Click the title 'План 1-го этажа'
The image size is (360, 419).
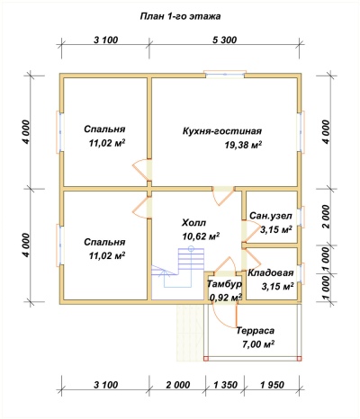tap(180, 16)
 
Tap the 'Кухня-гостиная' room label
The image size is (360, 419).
tap(222, 131)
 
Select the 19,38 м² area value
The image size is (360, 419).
tap(243, 145)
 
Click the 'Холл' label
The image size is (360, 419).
tap(194, 223)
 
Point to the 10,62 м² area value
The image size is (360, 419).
tap(201, 236)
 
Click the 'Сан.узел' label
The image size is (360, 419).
tap(271, 216)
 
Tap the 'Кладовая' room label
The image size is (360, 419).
tap(270, 273)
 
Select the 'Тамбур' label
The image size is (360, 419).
tap(224, 284)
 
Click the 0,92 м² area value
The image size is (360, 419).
tap(226, 298)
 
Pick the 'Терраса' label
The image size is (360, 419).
tap(256, 331)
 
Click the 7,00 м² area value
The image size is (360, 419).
tap(258, 344)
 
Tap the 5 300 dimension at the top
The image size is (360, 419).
tap(224, 40)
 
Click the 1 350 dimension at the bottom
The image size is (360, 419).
tap(225, 385)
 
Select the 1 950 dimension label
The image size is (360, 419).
tap(272, 385)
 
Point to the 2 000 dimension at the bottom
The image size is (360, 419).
tap(177, 385)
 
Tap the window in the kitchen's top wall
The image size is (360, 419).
tap(224, 74)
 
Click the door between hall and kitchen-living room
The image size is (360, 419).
tap(222, 195)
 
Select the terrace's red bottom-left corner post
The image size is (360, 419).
tap(206, 359)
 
